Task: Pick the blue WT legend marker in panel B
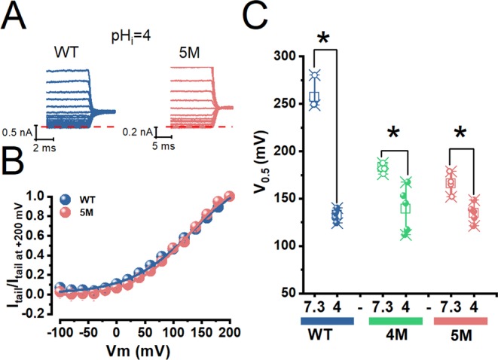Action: pyautogui.click(x=66, y=200)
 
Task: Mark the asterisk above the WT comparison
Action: pyautogui.click(x=325, y=38)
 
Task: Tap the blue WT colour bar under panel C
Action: pyautogui.click(x=326, y=322)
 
